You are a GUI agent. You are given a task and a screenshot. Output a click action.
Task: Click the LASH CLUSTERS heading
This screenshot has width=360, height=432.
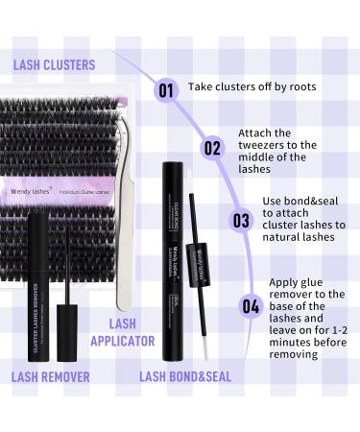(x=54, y=64)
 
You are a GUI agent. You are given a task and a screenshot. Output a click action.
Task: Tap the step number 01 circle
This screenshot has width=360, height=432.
(x=165, y=91)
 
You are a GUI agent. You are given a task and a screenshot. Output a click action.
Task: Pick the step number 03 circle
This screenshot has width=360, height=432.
(x=240, y=220)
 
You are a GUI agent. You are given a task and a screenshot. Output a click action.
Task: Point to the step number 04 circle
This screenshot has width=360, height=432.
(x=251, y=308)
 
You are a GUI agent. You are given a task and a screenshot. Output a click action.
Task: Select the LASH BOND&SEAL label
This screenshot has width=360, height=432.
(x=186, y=376)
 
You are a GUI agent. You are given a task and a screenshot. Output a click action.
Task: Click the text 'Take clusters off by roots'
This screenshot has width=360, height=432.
(x=252, y=86)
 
